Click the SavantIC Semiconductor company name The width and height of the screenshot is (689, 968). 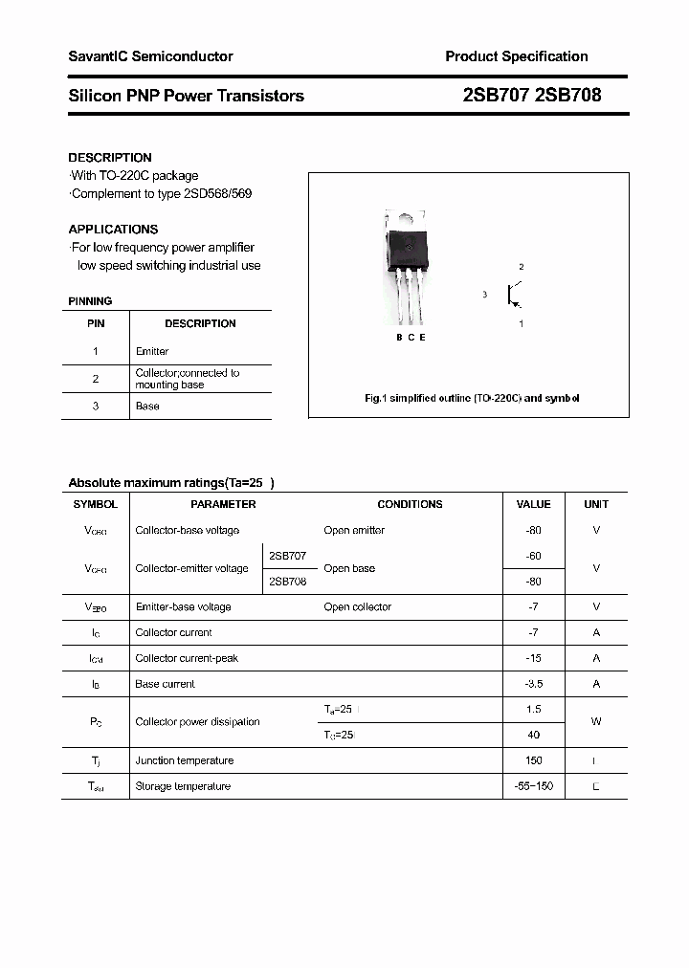150,56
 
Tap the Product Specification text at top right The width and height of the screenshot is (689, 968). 517,56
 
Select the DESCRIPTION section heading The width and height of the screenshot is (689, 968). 110,158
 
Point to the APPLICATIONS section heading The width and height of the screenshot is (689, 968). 113,230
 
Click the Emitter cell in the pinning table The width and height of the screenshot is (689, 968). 152,351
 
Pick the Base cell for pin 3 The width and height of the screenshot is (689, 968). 148,407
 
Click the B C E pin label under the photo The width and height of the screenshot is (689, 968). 411,338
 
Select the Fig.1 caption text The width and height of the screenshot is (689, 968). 472,398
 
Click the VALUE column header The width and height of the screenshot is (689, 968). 533,504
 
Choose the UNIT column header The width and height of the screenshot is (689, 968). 596,504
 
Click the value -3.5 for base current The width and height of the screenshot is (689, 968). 533,684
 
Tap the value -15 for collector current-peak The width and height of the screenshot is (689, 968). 533,658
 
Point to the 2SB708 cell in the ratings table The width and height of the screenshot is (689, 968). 287,582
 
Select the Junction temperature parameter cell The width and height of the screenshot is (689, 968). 185,760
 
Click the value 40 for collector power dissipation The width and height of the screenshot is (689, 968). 533,735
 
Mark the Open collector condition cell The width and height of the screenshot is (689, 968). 357,606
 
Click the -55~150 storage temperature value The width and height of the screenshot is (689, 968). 533,786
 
